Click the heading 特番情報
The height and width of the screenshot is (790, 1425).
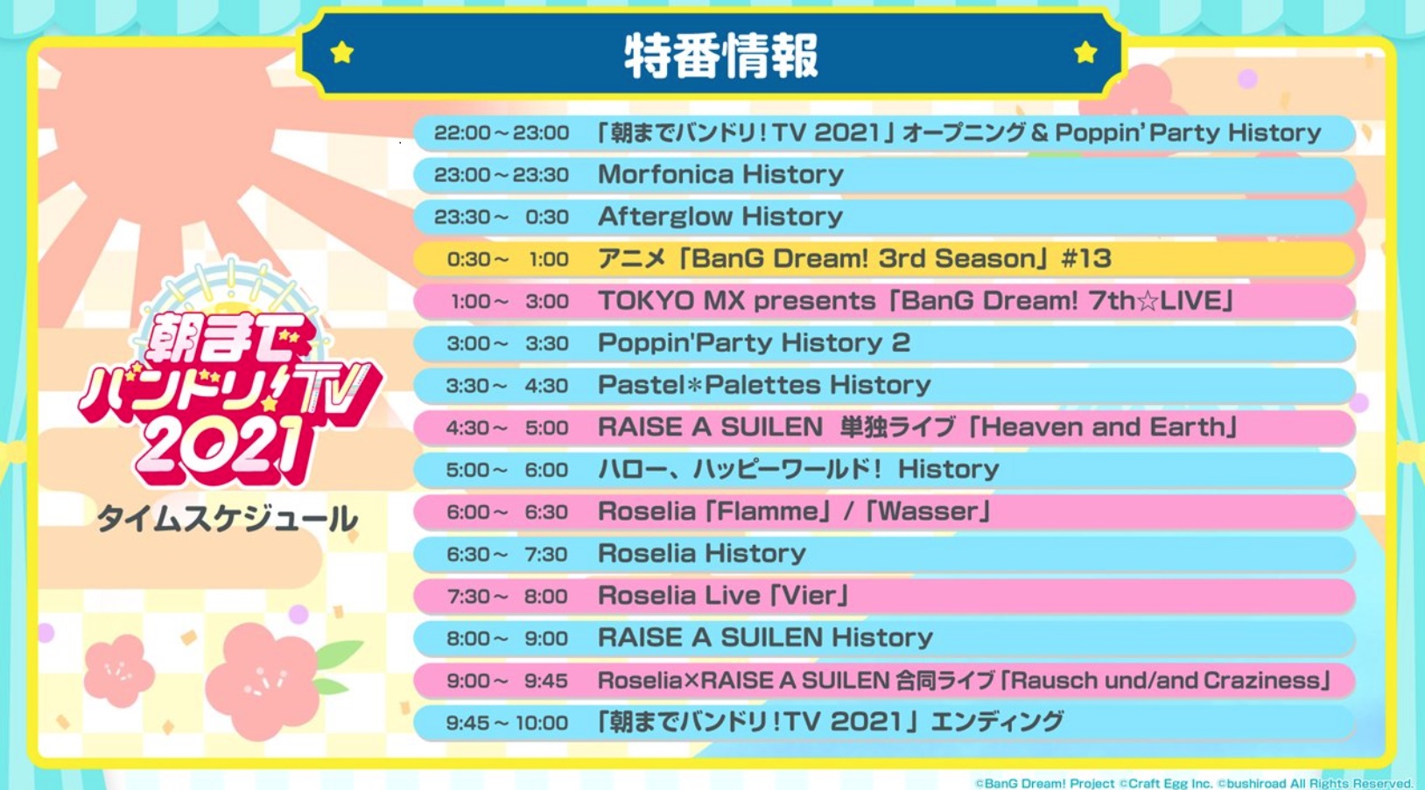coord(720,56)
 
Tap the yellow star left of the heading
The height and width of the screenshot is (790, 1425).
coord(342,52)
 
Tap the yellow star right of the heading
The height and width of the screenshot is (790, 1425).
coord(1085,52)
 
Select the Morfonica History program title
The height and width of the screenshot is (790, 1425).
coord(720,174)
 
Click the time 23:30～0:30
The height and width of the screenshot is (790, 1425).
coord(502,217)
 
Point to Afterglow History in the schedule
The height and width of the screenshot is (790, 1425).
coord(720,216)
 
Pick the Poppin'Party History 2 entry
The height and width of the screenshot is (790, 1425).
coord(754,343)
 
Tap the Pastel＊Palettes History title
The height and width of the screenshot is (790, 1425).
coord(764,385)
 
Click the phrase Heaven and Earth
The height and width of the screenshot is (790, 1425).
coord(1103,427)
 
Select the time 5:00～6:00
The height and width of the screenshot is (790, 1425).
coord(507,470)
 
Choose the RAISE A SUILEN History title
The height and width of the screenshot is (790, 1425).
coord(765,638)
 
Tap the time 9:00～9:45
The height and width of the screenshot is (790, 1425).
coord(507,682)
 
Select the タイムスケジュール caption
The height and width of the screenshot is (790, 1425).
coord(227,519)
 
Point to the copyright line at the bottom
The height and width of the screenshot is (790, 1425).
coord(1194,783)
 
